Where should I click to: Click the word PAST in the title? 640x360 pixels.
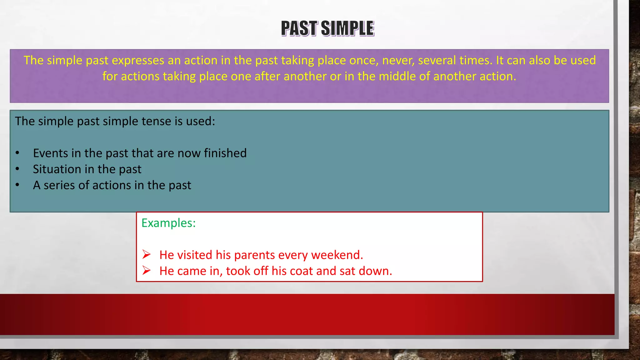point(299,28)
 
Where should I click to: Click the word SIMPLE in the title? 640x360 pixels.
point(347,28)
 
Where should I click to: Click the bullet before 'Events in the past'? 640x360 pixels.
point(17,153)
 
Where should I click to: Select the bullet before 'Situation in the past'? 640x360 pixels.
point(17,169)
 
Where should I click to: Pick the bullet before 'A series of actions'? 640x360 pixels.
point(17,185)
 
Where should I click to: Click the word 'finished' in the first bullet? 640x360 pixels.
point(225,153)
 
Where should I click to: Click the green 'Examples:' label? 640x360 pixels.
point(168,223)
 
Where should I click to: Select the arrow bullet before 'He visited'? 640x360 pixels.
point(146,255)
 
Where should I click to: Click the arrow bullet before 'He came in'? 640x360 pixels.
point(146,271)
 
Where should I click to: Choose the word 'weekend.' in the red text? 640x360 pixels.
point(337,255)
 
